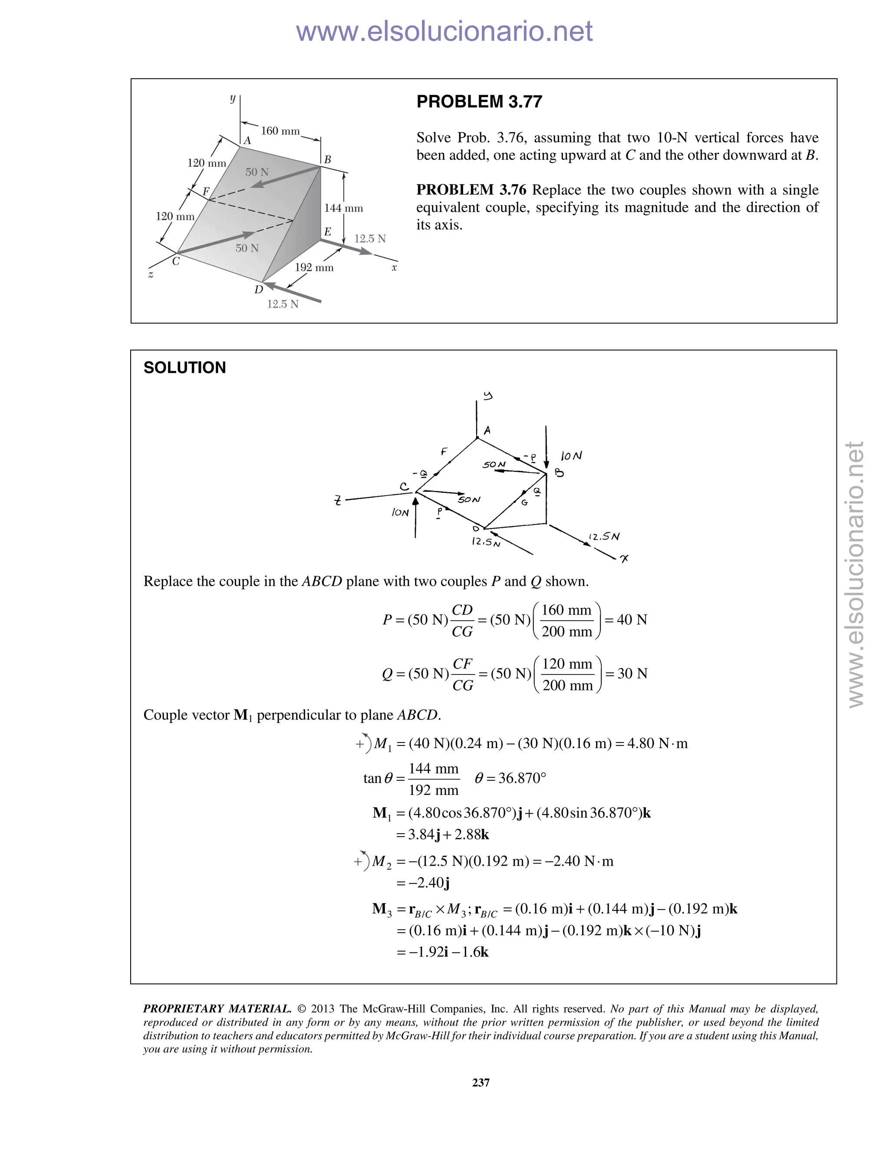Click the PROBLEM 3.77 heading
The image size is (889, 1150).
tap(479, 102)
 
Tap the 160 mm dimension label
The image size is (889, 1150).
tap(280, 131)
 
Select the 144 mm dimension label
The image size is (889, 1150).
tap(343, 208)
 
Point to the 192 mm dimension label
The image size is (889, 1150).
tap(314, 267)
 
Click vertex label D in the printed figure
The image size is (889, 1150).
tap(258, 289)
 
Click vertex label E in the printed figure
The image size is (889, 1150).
tap(328, 232)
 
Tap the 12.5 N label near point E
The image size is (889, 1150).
tap(370, 239)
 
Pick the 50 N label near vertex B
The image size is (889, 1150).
tap(257, 172)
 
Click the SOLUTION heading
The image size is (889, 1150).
tap(184, 368)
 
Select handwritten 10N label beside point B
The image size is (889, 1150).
tap(571, 456)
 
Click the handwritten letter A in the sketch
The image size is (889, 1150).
tap(487, 430)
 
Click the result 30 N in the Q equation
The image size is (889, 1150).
tap(632, 674)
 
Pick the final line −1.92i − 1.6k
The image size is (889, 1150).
tap(442, 952)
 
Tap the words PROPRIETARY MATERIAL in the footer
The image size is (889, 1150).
tap(217, 1009)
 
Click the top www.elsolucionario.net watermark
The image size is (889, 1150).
tap(444, 32)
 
